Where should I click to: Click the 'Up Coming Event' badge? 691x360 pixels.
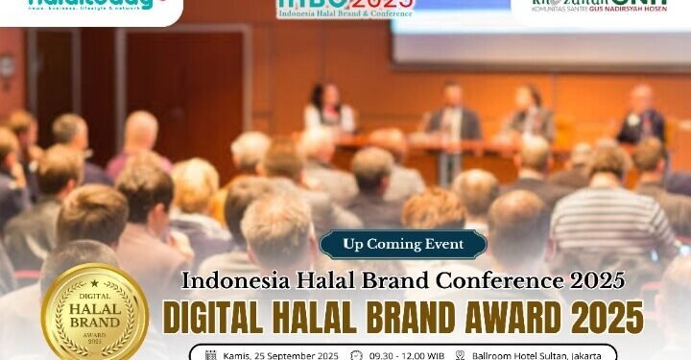pos(402,244)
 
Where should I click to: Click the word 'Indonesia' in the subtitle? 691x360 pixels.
pos(229,280)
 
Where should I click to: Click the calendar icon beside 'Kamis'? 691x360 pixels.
pos(210,355)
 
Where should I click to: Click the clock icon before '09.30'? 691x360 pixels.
pos(357,355)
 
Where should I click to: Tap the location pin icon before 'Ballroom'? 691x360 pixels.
pos(461,355)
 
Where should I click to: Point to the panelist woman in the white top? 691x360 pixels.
pos(327,111)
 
